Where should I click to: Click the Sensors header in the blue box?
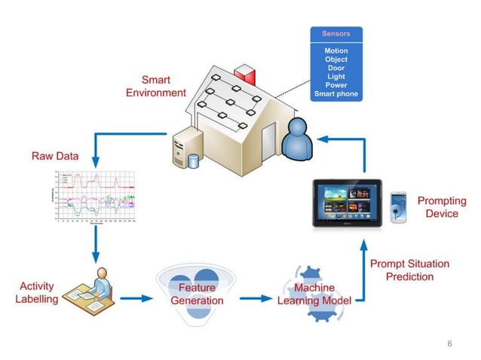336,34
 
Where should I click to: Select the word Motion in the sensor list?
336,50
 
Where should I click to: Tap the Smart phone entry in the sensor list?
336,95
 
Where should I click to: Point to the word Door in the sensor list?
336,68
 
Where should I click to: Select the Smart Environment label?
156,86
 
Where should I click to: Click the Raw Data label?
54,157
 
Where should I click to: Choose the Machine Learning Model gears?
312,294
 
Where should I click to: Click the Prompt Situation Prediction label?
409,270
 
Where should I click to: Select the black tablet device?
347,204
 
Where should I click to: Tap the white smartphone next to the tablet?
398,207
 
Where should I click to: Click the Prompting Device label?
441,207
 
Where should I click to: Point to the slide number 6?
449,343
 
